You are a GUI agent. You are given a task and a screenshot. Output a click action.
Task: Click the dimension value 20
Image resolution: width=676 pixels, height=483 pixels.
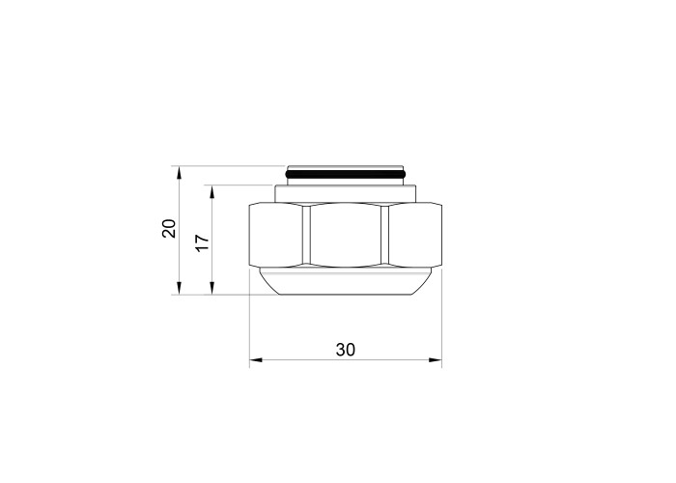tap(169, 229)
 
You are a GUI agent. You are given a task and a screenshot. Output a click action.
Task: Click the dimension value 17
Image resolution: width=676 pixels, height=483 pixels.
tap(202, 242)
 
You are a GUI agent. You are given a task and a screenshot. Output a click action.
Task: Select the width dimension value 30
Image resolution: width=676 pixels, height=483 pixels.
tap(346, 350)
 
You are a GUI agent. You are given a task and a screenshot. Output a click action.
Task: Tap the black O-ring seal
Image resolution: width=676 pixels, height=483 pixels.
tap(346, 174)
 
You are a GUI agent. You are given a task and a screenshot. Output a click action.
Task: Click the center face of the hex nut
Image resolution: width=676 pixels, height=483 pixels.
tap(346, 235)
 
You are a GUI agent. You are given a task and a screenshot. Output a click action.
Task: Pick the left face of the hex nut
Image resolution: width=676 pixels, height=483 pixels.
tap(276, 235)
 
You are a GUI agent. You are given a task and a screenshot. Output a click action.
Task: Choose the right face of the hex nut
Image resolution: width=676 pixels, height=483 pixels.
tap(415, 235)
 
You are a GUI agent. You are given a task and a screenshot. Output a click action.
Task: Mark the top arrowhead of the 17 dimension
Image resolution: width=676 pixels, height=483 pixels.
tap(211, 191)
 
